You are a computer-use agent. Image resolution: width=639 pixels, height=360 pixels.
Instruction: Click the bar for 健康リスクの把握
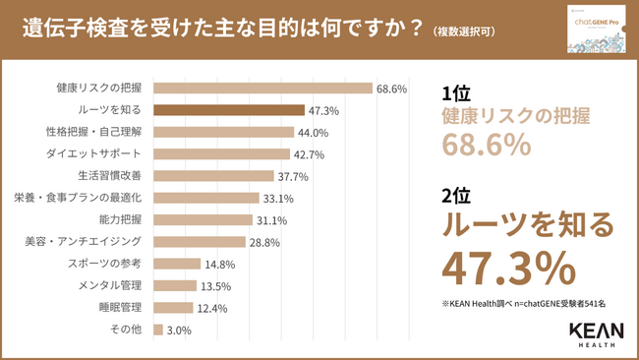(x=263, y=89)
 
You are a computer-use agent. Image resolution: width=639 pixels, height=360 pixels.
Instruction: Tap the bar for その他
(x=159, y=330)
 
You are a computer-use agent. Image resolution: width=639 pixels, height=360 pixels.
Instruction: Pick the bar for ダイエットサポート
(x=222, y=154)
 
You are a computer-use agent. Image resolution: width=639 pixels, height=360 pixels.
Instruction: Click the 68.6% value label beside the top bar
(x=390, y=89)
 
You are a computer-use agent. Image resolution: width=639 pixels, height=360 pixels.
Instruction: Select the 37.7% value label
(x=293, y=177)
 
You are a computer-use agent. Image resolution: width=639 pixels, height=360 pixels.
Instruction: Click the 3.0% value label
(x=180, y=330)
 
